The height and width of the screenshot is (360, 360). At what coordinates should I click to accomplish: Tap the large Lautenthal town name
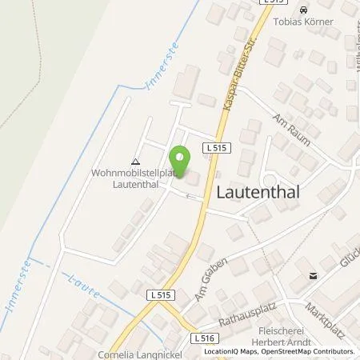pos(263,191)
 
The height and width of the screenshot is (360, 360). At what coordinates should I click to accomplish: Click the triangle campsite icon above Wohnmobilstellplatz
pos(134,161)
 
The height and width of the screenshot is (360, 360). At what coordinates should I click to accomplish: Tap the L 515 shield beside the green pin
pos(222,149)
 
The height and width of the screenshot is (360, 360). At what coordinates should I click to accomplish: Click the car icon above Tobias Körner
pos(302,9)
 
